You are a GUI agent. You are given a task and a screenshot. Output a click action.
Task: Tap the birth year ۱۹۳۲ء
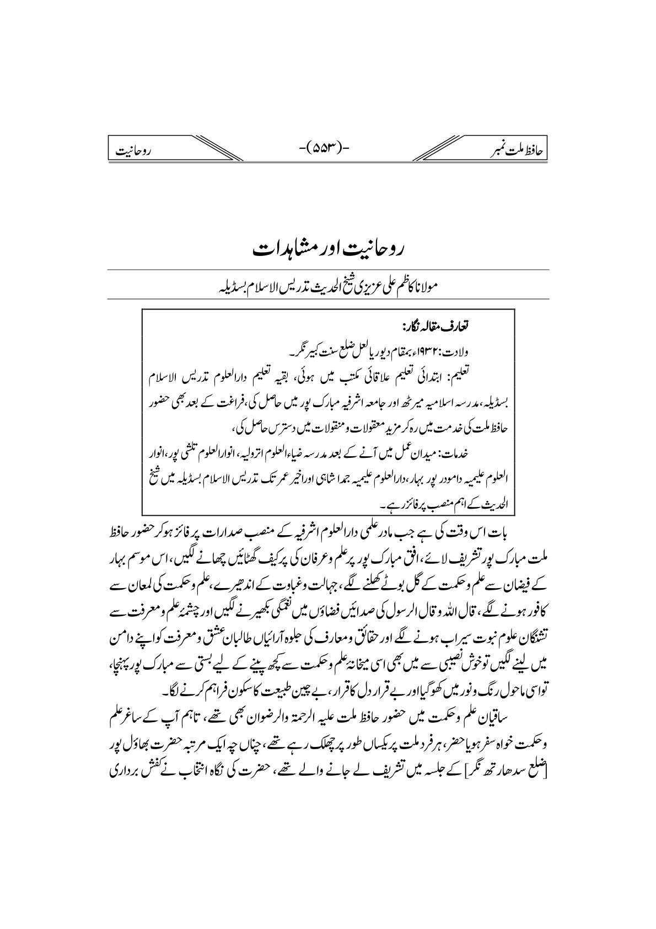point(438,349)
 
